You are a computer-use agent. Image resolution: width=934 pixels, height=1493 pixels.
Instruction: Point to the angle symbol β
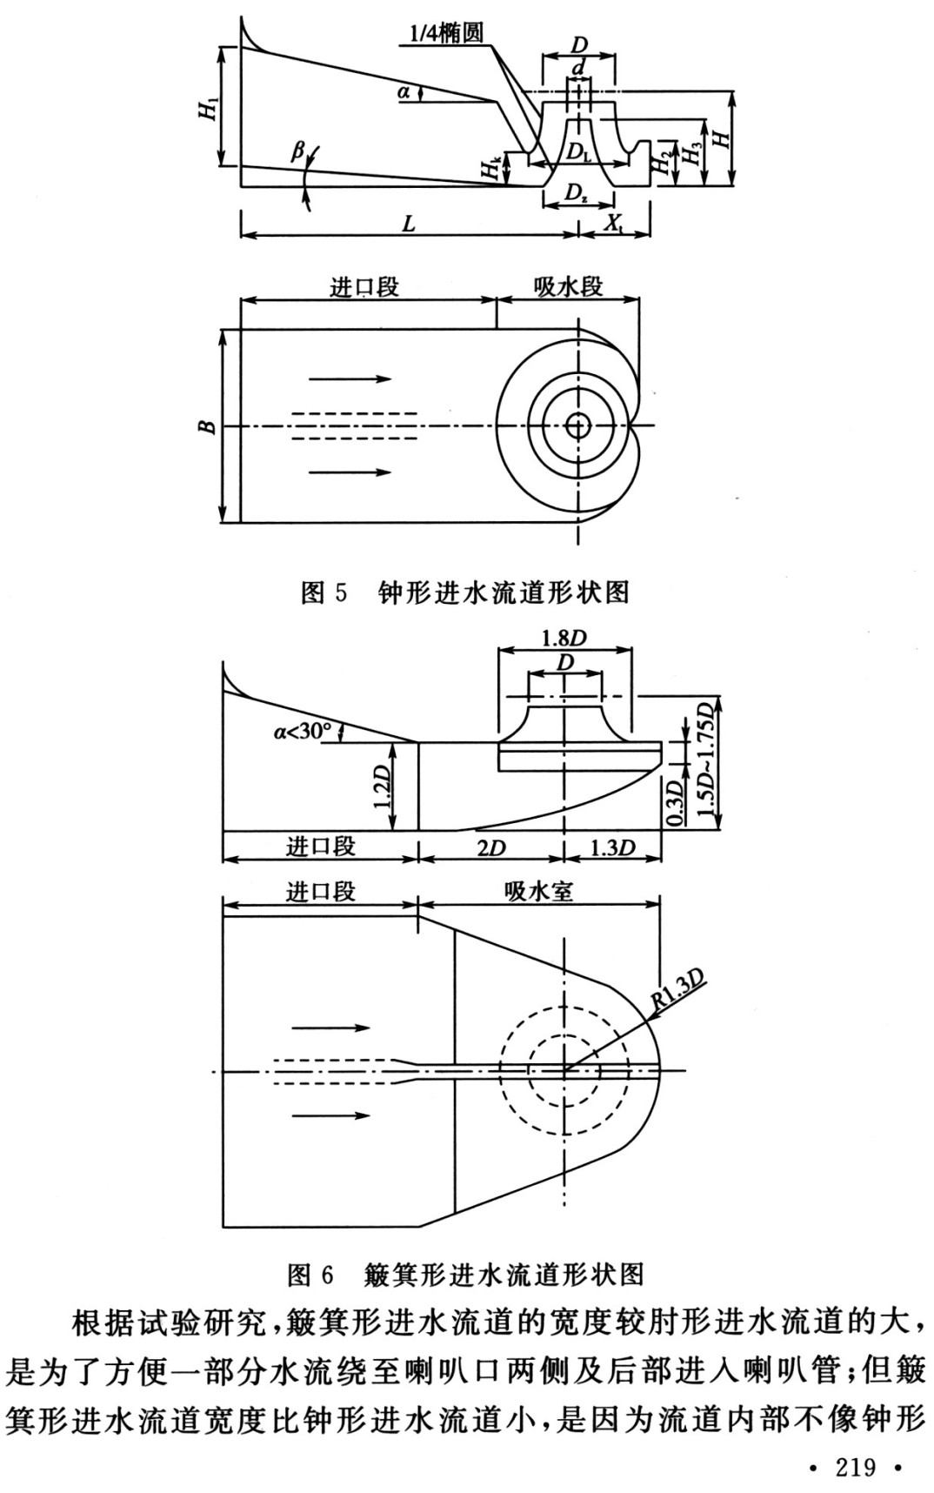point(297,153)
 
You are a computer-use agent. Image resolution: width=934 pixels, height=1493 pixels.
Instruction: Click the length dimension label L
point(409,224)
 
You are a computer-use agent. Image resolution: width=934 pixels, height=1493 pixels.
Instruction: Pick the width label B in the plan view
point(207,426)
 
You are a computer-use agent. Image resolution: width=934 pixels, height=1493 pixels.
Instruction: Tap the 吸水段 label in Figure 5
point(568,286)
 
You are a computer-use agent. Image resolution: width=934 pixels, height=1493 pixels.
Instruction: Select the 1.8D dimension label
point(564,638)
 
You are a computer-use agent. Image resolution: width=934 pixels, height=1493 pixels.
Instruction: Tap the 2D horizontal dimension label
point(492,847)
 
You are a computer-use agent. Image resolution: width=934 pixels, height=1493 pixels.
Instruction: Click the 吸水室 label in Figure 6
point(538,891)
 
